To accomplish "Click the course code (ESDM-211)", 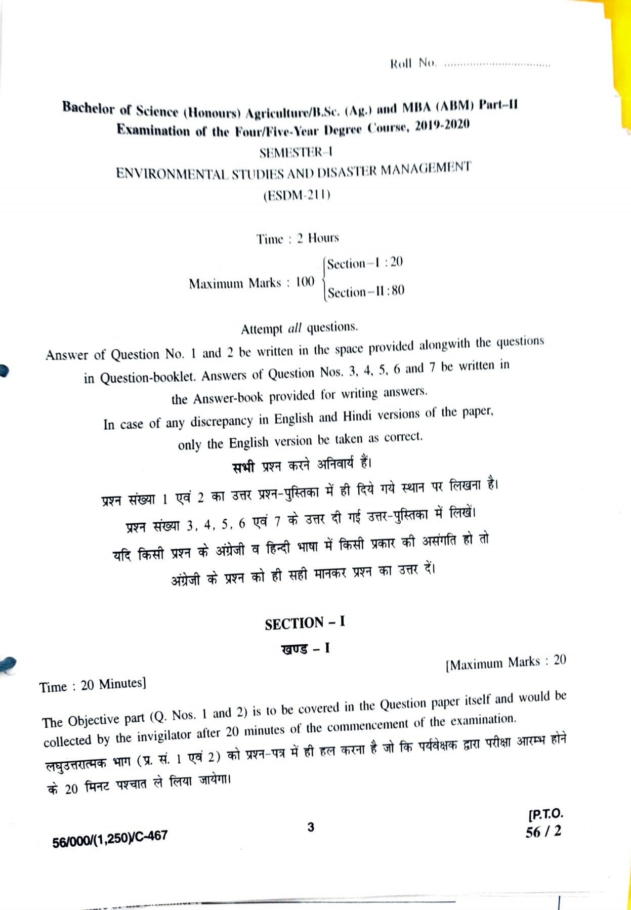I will tap(297, 195).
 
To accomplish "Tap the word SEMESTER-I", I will tap(296, 152).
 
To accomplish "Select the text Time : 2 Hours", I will tap(297, 238).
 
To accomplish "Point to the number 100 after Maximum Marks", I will tap(305, 281).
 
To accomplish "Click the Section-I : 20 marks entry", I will tap(365, 263).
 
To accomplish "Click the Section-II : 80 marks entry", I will tap(366, 292).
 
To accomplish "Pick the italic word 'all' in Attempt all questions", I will tap(295, 328).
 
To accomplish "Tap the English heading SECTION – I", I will tap(305, 623).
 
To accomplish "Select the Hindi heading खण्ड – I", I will tap(305, 648).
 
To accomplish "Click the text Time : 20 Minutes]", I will tap(93, 685).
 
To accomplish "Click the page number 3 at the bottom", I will tap(311, 827).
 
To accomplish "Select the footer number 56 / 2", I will tap(543, 832).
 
